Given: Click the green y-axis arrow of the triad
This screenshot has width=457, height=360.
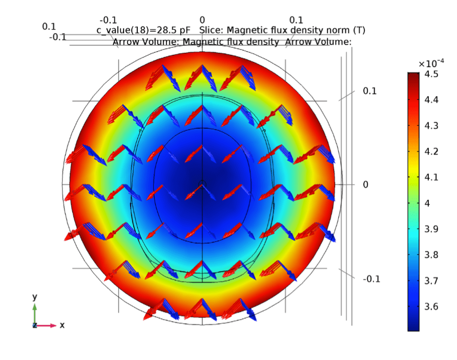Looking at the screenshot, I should (x=35, y=313).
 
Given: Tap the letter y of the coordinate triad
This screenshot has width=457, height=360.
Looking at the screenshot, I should (x=34, y=297).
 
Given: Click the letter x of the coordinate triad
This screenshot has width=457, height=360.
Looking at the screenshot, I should (x=62, y=325).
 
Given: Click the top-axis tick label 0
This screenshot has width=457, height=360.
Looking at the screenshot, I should (x=202, y=20).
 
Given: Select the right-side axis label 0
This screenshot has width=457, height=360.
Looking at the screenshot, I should (x=365, y=185).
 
